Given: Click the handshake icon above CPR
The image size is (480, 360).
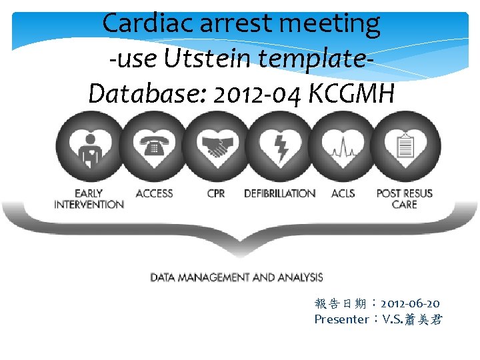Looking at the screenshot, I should pyautogui.click(x=216, y=147).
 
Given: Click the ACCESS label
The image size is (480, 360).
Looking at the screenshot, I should pyautogui.click(x=154, y=193).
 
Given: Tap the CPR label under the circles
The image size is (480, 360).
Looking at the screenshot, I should pyautogui.click(x=216, y=193).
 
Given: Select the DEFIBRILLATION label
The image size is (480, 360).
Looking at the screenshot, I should pyautogui.click(x=279, y=193).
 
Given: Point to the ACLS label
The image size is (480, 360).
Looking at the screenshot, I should pyautogui.click(x=343, y=193).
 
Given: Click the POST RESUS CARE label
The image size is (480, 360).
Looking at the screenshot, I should pyautogui.click(x=404, y=199).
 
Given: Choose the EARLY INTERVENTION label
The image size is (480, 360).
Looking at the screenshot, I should pyautogui.click(x=89, y=199).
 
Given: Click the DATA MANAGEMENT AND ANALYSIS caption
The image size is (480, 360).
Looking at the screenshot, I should pyautogui.click(x=236, y=277).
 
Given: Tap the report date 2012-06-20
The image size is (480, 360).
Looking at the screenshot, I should pyautogui.click(x=410, y=304).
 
